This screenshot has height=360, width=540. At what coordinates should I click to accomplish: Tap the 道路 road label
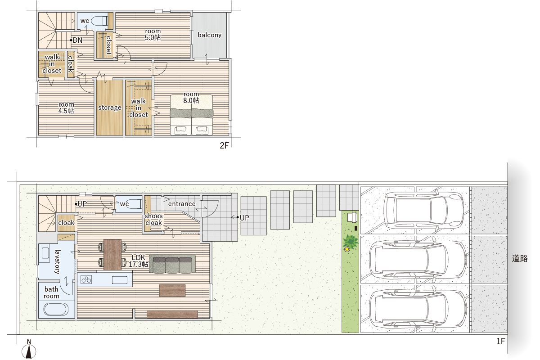coord(520,258)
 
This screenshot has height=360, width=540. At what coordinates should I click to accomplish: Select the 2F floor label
coord(224,145)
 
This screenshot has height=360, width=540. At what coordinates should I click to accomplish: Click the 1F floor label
coord(501,341)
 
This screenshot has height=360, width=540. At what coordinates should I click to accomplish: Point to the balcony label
coord(210,35)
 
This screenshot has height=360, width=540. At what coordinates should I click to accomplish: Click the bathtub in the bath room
coord(56,309)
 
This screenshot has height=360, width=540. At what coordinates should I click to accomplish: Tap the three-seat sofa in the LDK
coord(172,264)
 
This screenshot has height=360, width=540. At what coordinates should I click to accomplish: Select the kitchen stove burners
coord(86,280)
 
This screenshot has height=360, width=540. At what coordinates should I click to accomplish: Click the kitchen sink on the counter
coord(120,280)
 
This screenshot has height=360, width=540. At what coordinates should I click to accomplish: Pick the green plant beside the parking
coord(351,242)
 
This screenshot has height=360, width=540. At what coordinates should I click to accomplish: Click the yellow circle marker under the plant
coord(347,249)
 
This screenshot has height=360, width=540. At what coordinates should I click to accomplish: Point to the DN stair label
coord(77,40)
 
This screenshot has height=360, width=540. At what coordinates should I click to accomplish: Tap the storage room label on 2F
coord(110,108)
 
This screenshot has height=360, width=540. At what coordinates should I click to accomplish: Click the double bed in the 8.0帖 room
coord(191,115)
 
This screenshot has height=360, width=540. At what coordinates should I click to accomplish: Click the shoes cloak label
coord(153,219)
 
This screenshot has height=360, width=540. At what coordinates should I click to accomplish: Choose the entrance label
coord(182,204)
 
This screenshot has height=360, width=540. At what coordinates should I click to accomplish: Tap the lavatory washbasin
coord(45,253)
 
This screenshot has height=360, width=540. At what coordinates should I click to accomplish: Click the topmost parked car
coord(424,210)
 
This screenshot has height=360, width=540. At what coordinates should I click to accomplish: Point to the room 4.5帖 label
coord(66,108)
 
